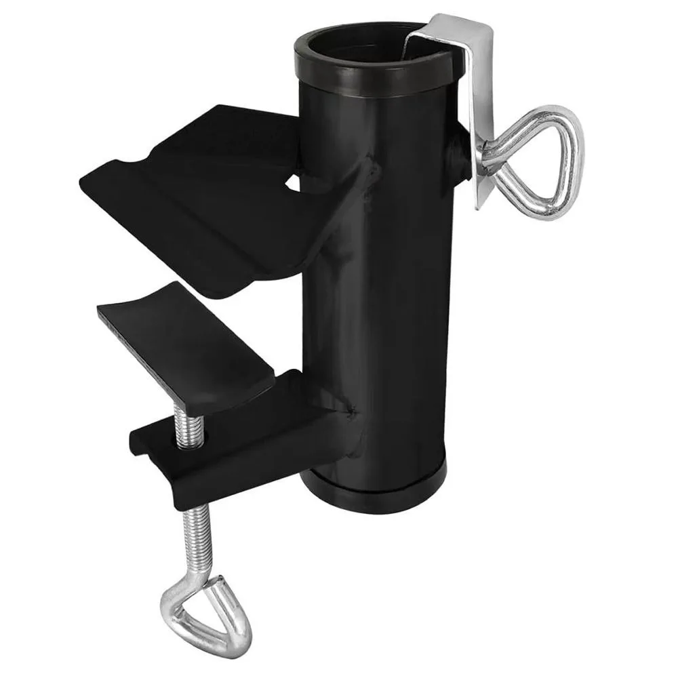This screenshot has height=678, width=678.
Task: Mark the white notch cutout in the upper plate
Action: coord(293,181)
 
